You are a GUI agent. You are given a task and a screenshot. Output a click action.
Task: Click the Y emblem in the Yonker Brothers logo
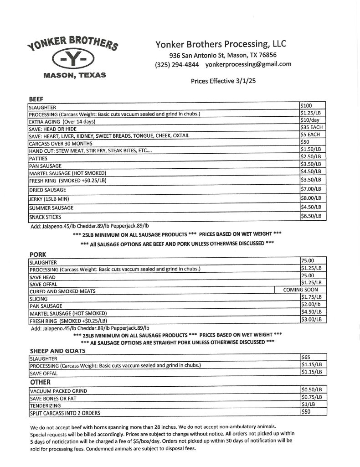point(74,59)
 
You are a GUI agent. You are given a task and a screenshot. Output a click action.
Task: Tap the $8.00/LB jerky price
point(311,197)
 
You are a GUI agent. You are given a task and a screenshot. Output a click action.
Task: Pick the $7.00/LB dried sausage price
point(311,188)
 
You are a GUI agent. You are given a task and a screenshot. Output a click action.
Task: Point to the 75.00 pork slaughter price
point(308,261)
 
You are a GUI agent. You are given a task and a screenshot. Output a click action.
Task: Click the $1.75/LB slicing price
point(311,297)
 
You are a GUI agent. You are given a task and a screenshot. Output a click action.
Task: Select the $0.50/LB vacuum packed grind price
point(311,390)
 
